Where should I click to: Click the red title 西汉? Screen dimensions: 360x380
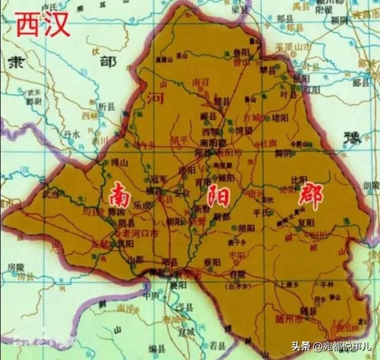pos(42,25)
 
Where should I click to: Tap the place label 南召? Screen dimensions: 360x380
pos(201,81)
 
